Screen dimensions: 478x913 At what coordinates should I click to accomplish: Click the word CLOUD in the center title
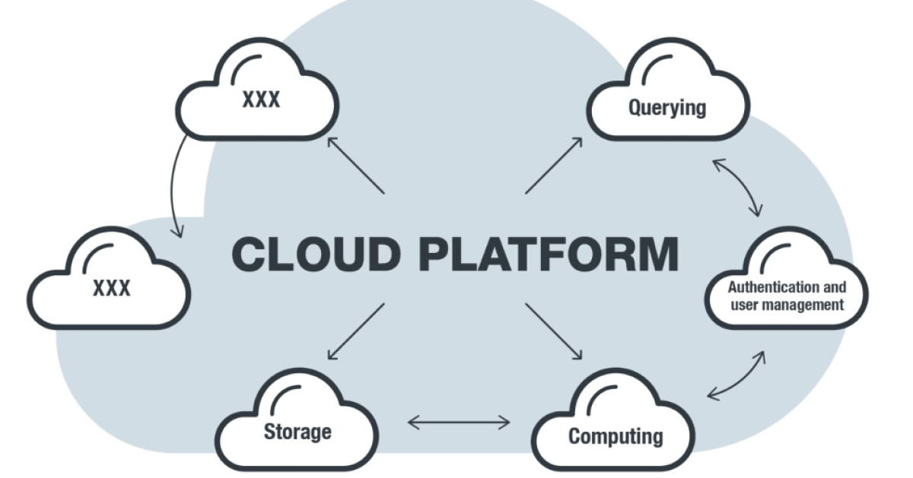coord(315,255)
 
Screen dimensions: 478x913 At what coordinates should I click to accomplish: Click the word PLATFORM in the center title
coord(548,255)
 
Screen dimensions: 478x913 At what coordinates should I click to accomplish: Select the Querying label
coord(666,107)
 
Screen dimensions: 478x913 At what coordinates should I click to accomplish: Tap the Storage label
coord(297,432)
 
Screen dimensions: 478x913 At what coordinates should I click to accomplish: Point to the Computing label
coord(616,437)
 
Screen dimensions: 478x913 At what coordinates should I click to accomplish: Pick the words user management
coord(787,305)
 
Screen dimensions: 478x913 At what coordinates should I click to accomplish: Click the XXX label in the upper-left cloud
coord(261,100)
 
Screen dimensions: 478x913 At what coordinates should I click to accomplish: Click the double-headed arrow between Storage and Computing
coord(459,422)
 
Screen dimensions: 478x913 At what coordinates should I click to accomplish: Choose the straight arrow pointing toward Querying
coord(554,166)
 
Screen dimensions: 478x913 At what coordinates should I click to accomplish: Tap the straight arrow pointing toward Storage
coord(356,331)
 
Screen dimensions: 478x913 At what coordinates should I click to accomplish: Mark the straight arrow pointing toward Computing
coord(554,331)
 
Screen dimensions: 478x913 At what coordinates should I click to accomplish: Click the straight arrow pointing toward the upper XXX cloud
coord(356,165)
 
